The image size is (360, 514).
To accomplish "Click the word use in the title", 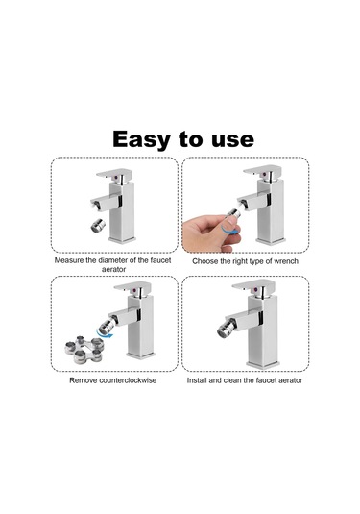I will click(230, 138).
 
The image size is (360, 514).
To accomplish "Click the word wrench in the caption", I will click(281, 260).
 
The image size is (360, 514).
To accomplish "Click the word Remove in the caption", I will click(84, 380).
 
